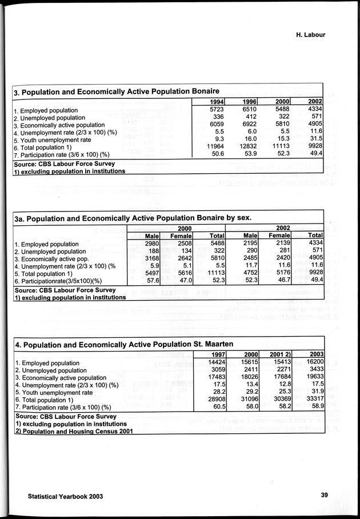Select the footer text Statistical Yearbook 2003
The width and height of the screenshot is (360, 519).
click(x=65, y=496)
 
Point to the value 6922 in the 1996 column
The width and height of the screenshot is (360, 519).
click(x=247, y=125)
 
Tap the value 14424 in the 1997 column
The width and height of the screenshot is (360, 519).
click(x=217, y=362)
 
